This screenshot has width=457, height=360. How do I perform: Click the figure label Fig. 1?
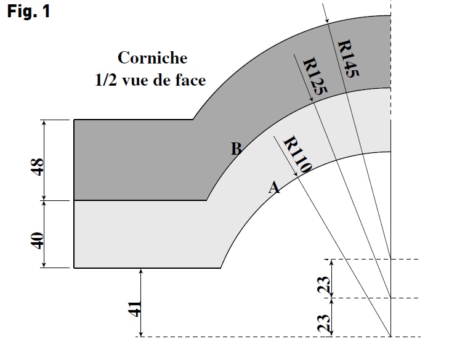[28, 12]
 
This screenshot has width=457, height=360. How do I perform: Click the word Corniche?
[152, 58]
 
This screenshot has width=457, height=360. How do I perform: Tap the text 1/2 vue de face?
[150, 80]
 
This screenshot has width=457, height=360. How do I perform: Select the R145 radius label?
[348, 59]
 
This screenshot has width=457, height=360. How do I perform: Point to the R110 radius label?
[297, 154]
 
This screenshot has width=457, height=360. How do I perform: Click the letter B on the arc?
[236, 149]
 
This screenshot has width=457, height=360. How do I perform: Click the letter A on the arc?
[274, 187]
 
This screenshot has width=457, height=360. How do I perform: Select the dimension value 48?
[38, 167]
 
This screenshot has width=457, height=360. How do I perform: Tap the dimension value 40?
[38, 240]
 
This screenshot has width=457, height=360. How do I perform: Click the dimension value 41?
[135, 309]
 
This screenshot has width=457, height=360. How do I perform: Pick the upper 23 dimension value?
[324, 285]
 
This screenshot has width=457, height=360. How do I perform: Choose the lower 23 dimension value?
[324, 323]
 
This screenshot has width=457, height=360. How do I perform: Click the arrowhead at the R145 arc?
[327, 20]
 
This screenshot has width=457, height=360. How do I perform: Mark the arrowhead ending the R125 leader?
[311, 99]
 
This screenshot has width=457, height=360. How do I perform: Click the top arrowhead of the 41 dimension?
[141, 271]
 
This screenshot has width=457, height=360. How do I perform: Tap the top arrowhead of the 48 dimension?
[44, 123]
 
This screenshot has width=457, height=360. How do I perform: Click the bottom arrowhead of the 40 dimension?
[44, 264]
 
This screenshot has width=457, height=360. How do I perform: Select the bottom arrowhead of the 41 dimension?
[141, 333]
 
